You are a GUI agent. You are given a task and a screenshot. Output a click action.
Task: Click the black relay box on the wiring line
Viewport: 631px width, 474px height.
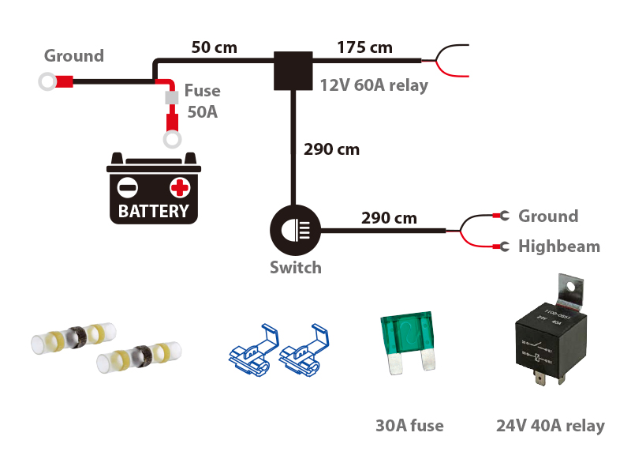point(293,71)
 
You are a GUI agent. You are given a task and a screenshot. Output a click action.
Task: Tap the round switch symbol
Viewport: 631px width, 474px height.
point(293,231)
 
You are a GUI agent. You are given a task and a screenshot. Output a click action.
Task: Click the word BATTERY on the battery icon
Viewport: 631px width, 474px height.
point(154,211)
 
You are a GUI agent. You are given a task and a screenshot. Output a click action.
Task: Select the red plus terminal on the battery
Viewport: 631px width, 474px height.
point(180,187)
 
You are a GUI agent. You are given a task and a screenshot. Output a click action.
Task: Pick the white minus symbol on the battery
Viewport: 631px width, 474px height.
point(128,188)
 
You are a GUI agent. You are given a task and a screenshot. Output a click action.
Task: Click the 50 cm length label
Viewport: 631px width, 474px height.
point(214,47)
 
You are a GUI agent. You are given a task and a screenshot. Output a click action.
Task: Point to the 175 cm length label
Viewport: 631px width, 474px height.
point(364,47)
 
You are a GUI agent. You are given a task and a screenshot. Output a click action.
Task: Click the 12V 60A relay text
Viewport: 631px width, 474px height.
point(374,85)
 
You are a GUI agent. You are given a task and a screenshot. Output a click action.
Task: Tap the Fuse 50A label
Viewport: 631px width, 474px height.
point(202,101)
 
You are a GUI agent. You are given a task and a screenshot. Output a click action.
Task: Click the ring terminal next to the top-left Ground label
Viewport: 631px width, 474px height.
point(47,81)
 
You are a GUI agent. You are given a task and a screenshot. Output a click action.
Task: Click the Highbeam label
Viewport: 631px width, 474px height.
point(558,246)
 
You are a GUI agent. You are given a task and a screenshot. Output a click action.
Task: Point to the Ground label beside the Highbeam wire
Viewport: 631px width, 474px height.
point(547,216)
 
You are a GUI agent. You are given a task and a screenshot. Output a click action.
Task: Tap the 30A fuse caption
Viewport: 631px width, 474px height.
point(409,426)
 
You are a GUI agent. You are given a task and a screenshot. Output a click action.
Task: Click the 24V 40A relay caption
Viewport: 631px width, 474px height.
point(550,426)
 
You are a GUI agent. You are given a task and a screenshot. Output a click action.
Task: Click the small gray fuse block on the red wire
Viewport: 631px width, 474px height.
point(170,98)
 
